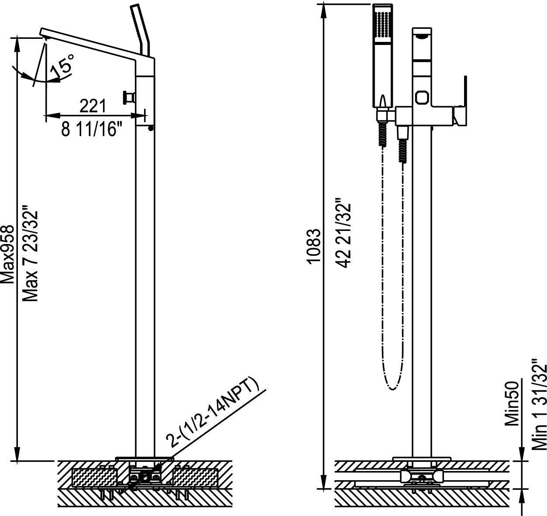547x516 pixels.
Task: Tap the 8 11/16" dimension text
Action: click(90, 129)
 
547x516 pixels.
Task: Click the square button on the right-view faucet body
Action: click(422, 97)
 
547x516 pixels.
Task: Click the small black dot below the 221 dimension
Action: click(151, 128)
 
